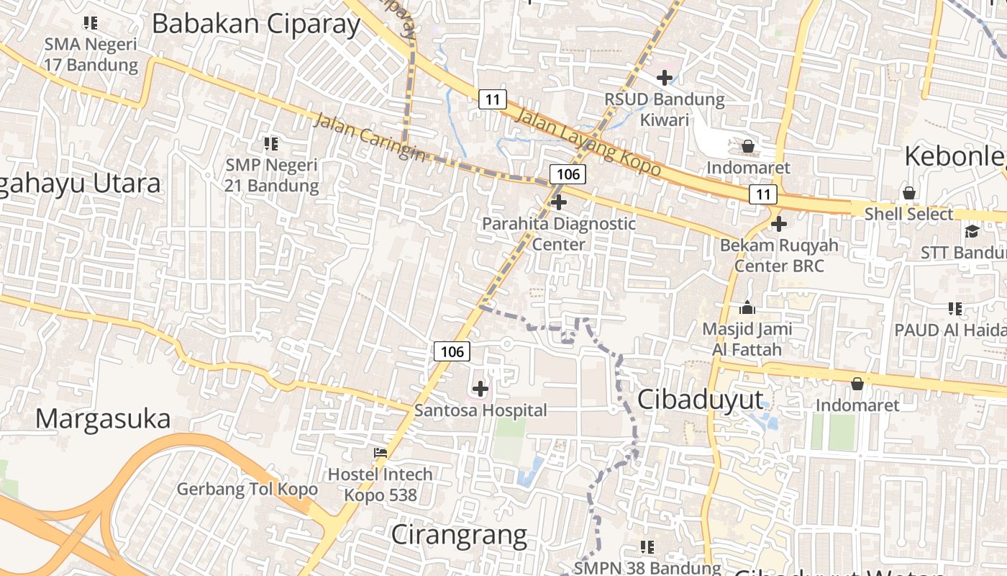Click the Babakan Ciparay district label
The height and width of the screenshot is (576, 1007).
(x=256, y=24)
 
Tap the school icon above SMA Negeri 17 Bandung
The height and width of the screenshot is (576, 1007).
(x=91, y=23)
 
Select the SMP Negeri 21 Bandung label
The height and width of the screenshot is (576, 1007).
(x=272, y=175)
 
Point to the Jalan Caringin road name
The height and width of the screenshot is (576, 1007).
(x=368, y=137)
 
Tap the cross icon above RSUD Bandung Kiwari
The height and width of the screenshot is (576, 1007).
(x=665, y=77)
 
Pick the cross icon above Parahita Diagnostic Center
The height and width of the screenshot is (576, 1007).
(x=559, y=202)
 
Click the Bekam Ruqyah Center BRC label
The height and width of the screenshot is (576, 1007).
(x=779, y=255)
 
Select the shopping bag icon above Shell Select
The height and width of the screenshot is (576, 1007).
(x=909, y=193)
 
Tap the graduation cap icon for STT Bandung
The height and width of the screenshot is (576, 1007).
(x=972, y=231)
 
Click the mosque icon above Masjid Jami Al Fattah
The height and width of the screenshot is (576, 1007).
(x=747, y=308)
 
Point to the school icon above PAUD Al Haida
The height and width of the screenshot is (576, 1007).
(x=955, y=309)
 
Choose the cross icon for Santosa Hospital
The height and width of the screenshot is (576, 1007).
(x=480, y=389)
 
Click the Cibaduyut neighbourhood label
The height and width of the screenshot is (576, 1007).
(x=701, y=400)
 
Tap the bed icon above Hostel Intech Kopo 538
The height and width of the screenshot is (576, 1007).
(x=381, y=453)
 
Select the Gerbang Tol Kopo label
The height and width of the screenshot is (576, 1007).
(x=247, y=489)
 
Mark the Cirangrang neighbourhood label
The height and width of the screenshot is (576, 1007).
(x=459, y=535)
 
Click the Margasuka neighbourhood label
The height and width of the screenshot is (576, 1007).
(x=103, y=418)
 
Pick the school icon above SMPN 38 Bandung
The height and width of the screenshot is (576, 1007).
(x=647, y=547)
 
